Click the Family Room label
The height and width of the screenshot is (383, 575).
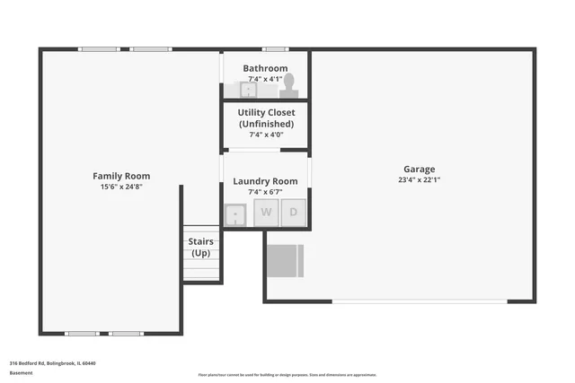[x=121, y=176]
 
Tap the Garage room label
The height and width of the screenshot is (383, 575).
[x=419, y=169]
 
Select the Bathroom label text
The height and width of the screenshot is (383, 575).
[x=265, y=68]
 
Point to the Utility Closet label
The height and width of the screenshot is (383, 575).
[x=265, y=118]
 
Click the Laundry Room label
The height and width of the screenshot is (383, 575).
[x=265, y=181]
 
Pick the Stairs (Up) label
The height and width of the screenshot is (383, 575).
[x=200, y=247]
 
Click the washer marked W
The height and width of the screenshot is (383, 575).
[x=266, y=213]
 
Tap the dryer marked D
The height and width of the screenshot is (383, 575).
[x=293, y=213]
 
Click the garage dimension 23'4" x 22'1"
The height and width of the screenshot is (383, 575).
[x=419, y=179]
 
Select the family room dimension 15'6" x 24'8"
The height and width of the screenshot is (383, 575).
[x=121, y=187]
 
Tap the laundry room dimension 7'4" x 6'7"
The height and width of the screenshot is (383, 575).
[x=265, y=192]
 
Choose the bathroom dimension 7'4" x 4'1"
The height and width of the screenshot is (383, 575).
[x=265, y=79]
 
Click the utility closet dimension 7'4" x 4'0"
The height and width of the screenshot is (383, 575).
[x=265, y=135]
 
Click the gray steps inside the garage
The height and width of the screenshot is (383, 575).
[x=287, y=260]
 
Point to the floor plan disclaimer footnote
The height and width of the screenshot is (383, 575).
[x=287, y=375]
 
